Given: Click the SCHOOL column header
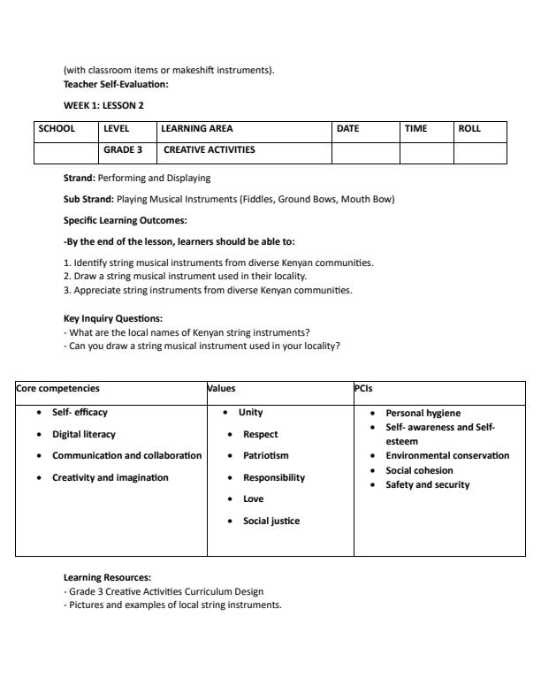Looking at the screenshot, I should pyautogui.click(x=56, y=129).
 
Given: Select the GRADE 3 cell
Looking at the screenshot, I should pyautogui.click(x=123, y=150).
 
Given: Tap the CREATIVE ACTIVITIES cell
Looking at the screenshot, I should pyautogui.click(x=210, y=150).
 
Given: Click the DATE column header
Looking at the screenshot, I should pyautogui.click(x=348, y=129).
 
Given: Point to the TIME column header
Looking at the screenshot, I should pyautogui.click(x=415, y=129).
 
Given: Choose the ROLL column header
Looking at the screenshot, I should pyautogui.click(x=469, y=129).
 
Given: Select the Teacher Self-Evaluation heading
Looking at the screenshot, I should pyautogui.click(x=116, y=85).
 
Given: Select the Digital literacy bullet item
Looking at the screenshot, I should pyautogui.click(x=84, y=434).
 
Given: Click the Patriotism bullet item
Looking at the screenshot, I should pyautogui.click(x=266, y=456).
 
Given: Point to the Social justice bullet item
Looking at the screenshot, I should pyautogui.click(x=271, y=521).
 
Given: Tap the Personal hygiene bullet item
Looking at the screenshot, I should pyautogui.click(x=423, y=413).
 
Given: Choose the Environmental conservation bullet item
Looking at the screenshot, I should pyautogui.click(x=447, y=456).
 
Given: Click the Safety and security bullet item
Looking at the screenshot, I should pyautogui.click(x=428, y=484).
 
